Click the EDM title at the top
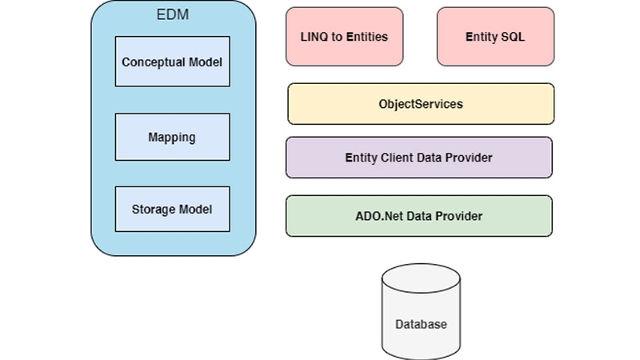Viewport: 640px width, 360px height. pyautogui.click(x=173, y=14)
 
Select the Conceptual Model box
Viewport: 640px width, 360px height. pyautogui.click(x=172, y=62)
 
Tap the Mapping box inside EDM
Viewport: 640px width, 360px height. pyautogui.click(x=172, y=137)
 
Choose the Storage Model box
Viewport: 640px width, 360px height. pyautogui.click(x=172, y=210)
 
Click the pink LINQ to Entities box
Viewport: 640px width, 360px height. pyautogui.click(x=345, y=37)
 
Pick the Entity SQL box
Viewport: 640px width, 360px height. pyautogui.click(x=495, y=37)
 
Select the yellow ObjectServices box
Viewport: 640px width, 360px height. pyautogui.click(x=420, y=104)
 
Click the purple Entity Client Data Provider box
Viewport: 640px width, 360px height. pyautogui.click(x=418, y=158)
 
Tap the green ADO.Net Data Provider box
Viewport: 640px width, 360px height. pyautogui.click(x=418, y=216)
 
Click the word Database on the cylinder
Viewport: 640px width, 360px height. pyautogui.click(x=421, y=325)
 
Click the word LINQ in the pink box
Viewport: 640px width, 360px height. pyautogui.click(x=313, y=37)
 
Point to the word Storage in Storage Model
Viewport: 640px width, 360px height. pyautogui.click(x=153, y=210)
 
